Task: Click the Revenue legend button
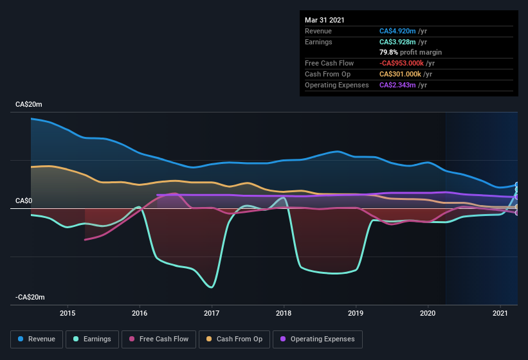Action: click(x=37, y=339)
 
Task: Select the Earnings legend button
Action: click(x=93, y=339)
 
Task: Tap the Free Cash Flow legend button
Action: click(x=159, y=339)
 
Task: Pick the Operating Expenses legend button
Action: click(x=317, y=339)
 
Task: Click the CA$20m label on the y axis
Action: click(x=29, y=104)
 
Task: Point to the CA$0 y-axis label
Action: click(x=24, y=201)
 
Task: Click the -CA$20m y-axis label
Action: click(x=30, y=297)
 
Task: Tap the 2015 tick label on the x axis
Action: click(x=68, y=313)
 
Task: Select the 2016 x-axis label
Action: click(x=140, y=313)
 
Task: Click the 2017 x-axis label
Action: click(x=212, y=313)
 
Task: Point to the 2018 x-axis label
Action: click(x=284, y=313)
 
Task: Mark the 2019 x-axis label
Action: click(x=356, y=313)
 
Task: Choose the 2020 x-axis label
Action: click(x=428, y=313)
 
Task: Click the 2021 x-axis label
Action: click(x=500, y=313)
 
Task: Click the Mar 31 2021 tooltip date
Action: click(x=325, y=20)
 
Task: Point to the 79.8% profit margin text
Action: click(x=410, y=52)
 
